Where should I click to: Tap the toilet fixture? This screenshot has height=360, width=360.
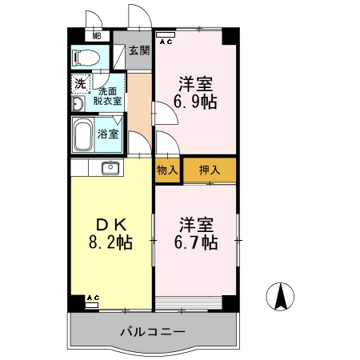pyautogui.click(x=86, y=58)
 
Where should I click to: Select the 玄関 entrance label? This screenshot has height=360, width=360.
pyautogui.click(x=138, y=51)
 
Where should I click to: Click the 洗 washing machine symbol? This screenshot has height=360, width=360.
pyautogui.click(x=80, y=83)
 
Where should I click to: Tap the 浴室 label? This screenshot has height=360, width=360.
pyautogui.click(x=109, y=134)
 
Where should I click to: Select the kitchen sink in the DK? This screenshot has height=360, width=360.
pyautogui.click(x=110, y=168)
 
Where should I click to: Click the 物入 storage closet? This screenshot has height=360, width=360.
pyautogui.click(x=166, y=170)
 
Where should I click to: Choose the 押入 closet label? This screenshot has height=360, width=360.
pyautogui.click(x=210, y=170)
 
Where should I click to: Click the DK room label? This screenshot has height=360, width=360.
pyautogui.click(x=110, y=223)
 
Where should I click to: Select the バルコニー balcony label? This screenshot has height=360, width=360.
pyautogui.click(x=153, y=330)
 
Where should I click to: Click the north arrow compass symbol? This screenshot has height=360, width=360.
pyautogui.click(x=282, y=298)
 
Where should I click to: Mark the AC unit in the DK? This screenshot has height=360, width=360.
pyautogui.click(x=92, y=300)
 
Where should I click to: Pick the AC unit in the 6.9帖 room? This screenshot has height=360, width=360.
pyautogui.click(x=166, y=39)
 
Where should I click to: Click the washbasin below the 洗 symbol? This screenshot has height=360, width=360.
pyautogui.click(x=78, y=104)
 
